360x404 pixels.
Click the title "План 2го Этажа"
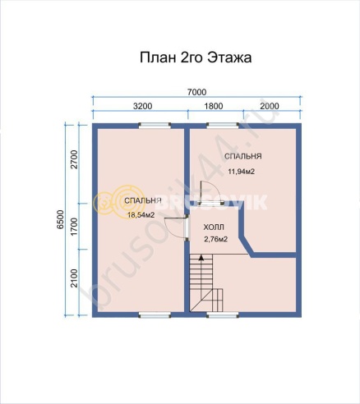tap(196, 58)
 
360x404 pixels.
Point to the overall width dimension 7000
tap(196, 92)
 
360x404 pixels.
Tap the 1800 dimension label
tap(213, 107)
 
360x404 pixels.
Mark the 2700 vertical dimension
tap(73, 161)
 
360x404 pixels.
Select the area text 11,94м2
tap(240, 172)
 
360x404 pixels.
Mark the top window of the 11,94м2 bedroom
tap(219, 126)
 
